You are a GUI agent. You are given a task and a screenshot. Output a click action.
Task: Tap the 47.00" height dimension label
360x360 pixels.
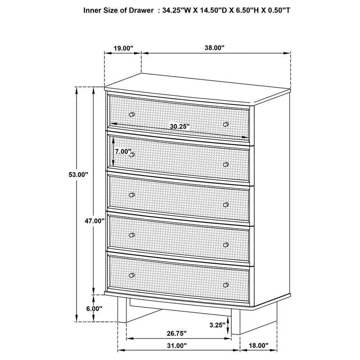point(94,221)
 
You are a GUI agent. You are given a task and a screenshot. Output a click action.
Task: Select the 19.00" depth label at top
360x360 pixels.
point(123,48)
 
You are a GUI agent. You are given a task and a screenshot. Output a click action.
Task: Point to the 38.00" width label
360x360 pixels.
point(216,48)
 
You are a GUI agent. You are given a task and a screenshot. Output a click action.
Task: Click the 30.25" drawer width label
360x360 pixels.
point(180,127)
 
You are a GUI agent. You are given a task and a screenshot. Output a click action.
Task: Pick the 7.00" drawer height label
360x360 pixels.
point(122,152)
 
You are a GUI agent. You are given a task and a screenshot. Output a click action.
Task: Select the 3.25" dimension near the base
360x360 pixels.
point(217,324)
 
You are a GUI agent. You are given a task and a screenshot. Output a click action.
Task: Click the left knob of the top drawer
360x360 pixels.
point(132,114)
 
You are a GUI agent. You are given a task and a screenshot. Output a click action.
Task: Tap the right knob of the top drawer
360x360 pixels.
point(226,124)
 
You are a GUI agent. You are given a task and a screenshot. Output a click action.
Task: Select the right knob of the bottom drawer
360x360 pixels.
point(226,285)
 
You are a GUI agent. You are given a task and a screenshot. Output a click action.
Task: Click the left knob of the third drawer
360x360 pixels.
point(132,195)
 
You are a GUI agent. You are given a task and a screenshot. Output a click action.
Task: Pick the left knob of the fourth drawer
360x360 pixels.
point(132,234)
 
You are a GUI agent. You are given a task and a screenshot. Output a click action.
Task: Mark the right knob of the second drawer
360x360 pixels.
point(226,164)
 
